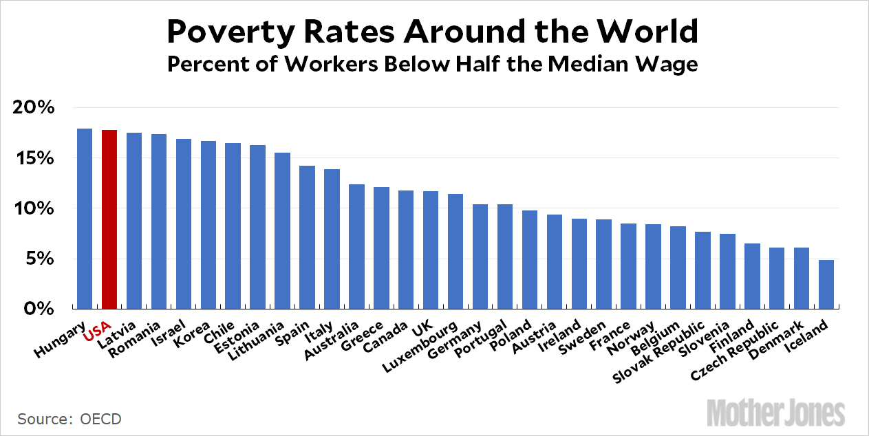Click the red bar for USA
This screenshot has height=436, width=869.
[x=109, y=219]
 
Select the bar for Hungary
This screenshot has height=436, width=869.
[x=85, y=218]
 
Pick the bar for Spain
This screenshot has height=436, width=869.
[x=307, y=237]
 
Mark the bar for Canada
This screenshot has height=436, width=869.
[x=405, y=249]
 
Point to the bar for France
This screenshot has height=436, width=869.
[x=627, y=265]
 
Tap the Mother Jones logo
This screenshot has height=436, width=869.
[x=775, y=413]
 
